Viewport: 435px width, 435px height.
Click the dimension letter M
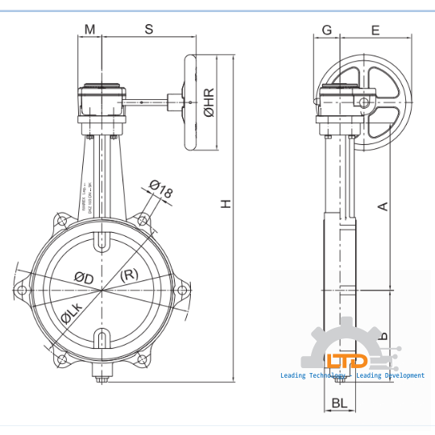[x=90, y=30]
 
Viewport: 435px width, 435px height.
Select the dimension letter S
[x=148, y=30]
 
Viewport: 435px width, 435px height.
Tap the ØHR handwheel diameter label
[x=209, y=102]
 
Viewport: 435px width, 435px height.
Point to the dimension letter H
[x=227, y=204]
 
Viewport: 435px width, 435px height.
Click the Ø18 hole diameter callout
[x=161, y=191]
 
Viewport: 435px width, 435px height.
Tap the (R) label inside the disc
[x=129, y=275]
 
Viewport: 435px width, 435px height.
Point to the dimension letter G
[x=326, y=30]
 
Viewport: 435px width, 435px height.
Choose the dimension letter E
[x=375, y=30]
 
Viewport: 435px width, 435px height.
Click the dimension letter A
[x=383, y=206]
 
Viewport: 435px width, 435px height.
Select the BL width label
[x=339, y=402]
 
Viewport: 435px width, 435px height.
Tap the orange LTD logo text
[x=346, y=361]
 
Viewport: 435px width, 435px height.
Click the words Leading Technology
[x=313, y=375]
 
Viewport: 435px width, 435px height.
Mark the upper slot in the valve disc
[x=102, y=241]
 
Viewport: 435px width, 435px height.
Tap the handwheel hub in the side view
[x=365, y=102]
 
